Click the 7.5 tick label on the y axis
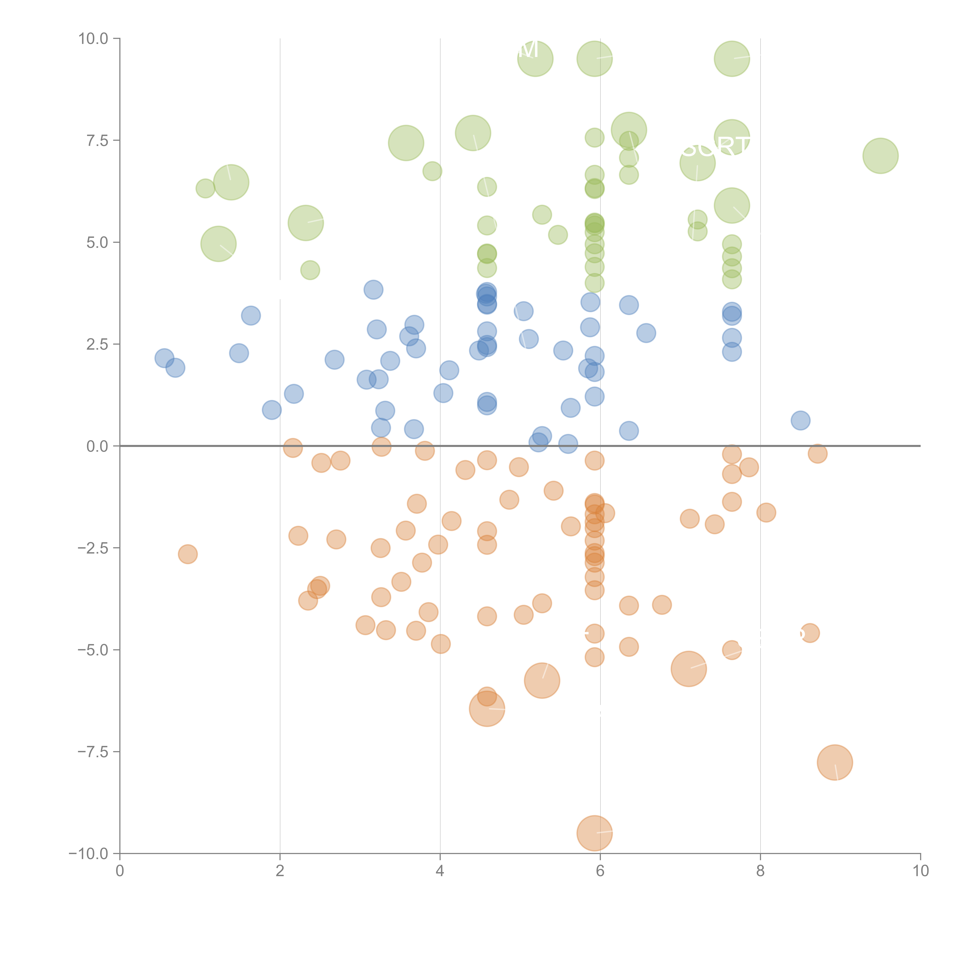tap(97, 140)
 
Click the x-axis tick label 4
tap(440, 871)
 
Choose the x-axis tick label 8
tap(760, 871)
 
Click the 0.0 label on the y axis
tap(97, 446)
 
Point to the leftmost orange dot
tap(188, 554)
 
